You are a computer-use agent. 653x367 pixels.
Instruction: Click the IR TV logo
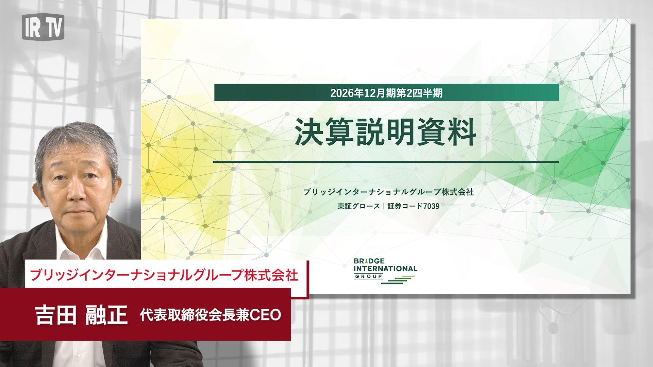[x=43, y=27]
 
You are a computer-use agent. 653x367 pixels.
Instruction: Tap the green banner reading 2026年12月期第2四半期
[x=386, y=92]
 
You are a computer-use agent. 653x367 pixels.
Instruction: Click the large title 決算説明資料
[x=386, y=132]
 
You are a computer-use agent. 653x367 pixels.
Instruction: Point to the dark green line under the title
[x=386, y=162]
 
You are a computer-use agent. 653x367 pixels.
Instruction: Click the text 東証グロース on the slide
[x=359, y=206]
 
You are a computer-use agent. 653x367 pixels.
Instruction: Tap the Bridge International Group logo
[x=385, y=271]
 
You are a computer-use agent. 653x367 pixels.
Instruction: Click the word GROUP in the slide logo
[x=369, y=277]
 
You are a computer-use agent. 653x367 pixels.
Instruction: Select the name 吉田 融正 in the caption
[x=81, y=315]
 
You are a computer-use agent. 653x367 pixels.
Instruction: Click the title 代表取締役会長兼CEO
[x=211, y=315]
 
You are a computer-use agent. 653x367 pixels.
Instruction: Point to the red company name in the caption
[x=164, y=275]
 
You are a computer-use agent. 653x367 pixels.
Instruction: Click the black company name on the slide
[x=388, y=192]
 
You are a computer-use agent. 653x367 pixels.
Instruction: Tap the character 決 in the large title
[x=309, y=132]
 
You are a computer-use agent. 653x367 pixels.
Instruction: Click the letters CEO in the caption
[x=265, y=315]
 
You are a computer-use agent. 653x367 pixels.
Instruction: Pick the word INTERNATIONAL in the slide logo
[x=385, y=268]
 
